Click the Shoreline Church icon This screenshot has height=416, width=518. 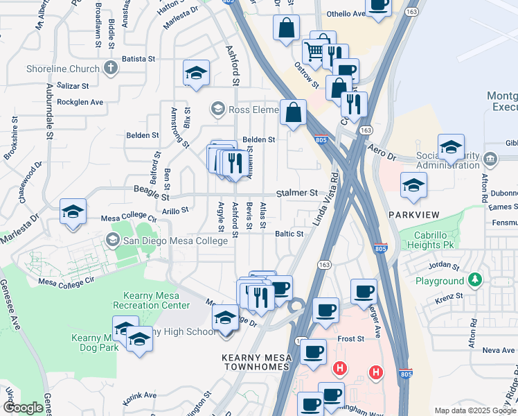point(110,68)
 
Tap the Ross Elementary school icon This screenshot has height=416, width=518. point(218,109)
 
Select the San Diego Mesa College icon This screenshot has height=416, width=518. point(111,240)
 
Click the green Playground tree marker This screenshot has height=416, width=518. point(474,281)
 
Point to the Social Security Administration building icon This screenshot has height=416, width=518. point(490,158)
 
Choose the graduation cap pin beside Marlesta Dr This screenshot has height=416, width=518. point(73,212)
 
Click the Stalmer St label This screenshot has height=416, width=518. point(296,193)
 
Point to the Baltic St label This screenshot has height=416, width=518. point(289,234)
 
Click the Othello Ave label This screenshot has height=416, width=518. point(345,13)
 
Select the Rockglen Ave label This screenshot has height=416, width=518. point(80,102)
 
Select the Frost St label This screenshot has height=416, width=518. point(351,338)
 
